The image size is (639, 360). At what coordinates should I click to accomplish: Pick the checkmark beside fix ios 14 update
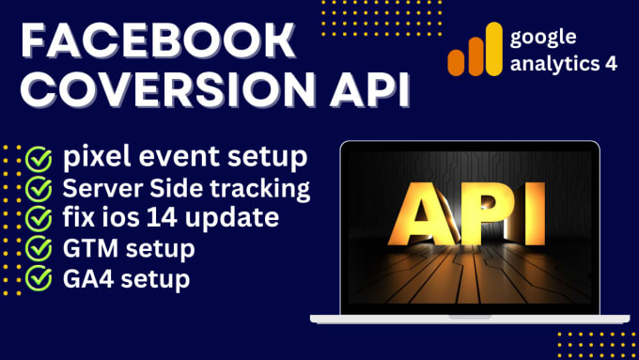tap(39, 220)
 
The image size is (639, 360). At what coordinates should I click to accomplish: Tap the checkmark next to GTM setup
tap(39, 250)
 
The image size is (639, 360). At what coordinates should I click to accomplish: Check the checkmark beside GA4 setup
tap(39, 280)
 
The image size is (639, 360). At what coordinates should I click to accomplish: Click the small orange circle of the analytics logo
tap(458, 62)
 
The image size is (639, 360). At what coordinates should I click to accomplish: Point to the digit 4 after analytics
tap(625, 67)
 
